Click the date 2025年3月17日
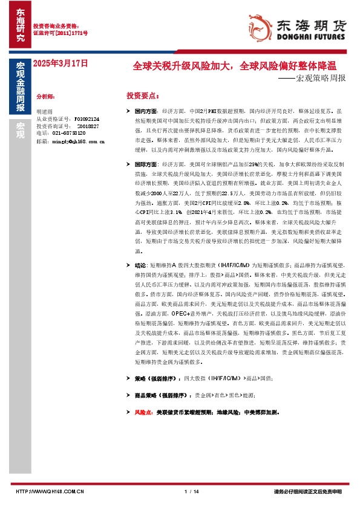tap(60, 62)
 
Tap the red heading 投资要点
tap(143, 96)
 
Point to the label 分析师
tap(46, 96)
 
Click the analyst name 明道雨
tap(45, 112)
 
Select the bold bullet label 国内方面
tap(146, 112)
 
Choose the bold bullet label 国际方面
tap(146, 164)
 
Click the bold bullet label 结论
tap(140, 265)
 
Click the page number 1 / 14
tap(191, 491)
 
